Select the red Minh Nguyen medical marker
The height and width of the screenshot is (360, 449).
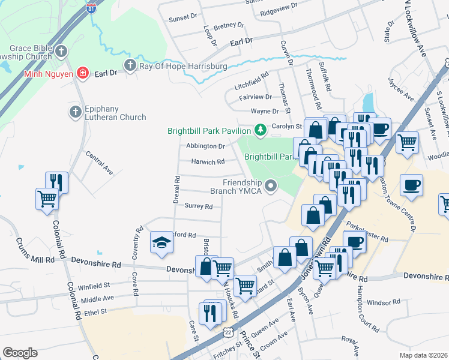coord(82,74)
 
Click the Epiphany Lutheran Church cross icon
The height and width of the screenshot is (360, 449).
coord(75,112)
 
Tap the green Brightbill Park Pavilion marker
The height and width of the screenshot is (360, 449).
coord(260,129)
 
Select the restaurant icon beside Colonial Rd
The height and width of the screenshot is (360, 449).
coord(57,181)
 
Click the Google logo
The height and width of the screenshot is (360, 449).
coord(20,353)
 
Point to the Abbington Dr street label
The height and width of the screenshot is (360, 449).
coord(205,146)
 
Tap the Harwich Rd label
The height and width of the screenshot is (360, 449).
coord(208,161)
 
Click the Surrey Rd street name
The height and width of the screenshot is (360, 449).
coord(199,206)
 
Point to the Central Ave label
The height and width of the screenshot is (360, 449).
coord(99,163)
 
